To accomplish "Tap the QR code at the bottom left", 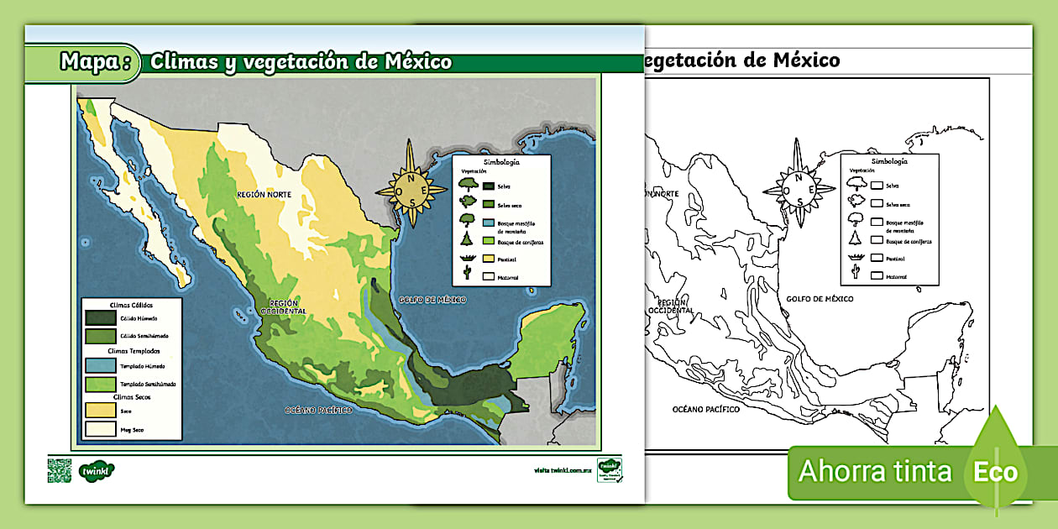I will click(x=59, y=470).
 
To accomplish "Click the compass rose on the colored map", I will click(x=411, y=185).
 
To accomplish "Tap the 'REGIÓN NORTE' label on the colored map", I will click(x=264, y=194).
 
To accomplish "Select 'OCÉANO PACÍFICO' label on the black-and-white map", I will click(x=705, y=409).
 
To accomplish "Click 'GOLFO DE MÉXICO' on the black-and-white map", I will click(x=820, y=299).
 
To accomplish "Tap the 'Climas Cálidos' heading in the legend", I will click(x=130, y=305).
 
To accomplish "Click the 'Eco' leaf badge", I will click(x=996, y=471).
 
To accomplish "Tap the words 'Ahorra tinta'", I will click(x=874, y=471).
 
